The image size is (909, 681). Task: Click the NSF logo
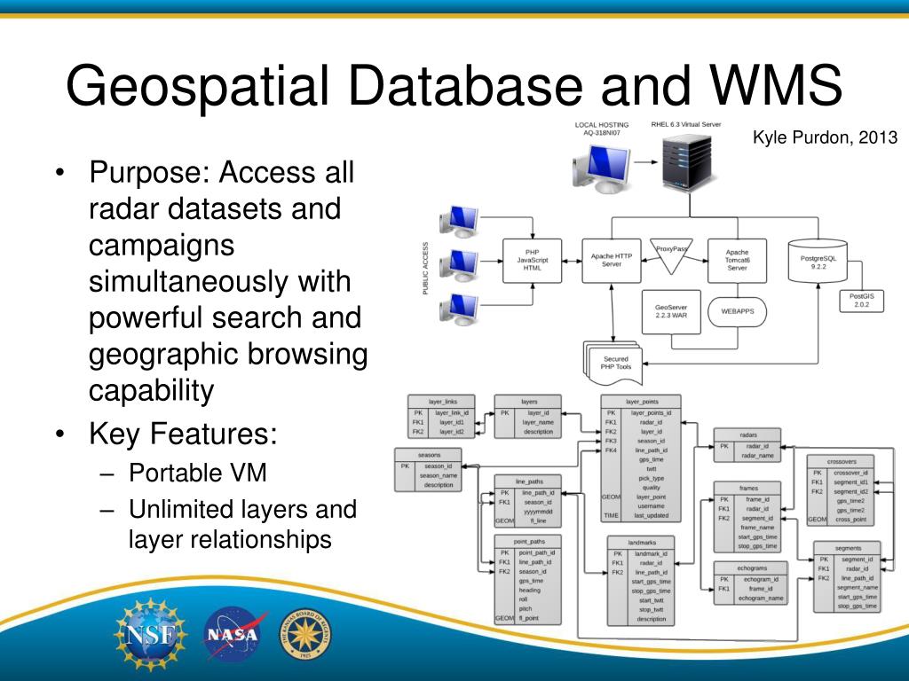click(x=150, y=633)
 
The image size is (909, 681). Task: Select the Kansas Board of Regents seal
click(x=305, y=635)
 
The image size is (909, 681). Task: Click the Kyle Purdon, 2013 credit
click(x=825, y=137)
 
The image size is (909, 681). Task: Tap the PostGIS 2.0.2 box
click(x=861, y=301)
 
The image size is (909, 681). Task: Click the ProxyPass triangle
click(x=671, y=254)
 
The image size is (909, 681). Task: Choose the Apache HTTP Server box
click(x=612, y=260)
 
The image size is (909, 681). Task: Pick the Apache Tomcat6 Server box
click(x=737, y=260)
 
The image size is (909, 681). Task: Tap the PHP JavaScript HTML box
click(x=533, y=260)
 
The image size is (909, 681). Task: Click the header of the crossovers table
click(x=840, y=461)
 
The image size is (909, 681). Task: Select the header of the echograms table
click(x=751, y=567)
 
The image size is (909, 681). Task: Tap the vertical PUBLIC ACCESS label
click(x=426, y=269)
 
